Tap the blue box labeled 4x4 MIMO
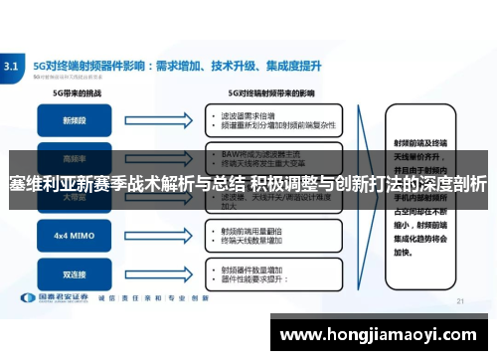75,237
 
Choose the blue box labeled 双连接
75,273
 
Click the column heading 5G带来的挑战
75,92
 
